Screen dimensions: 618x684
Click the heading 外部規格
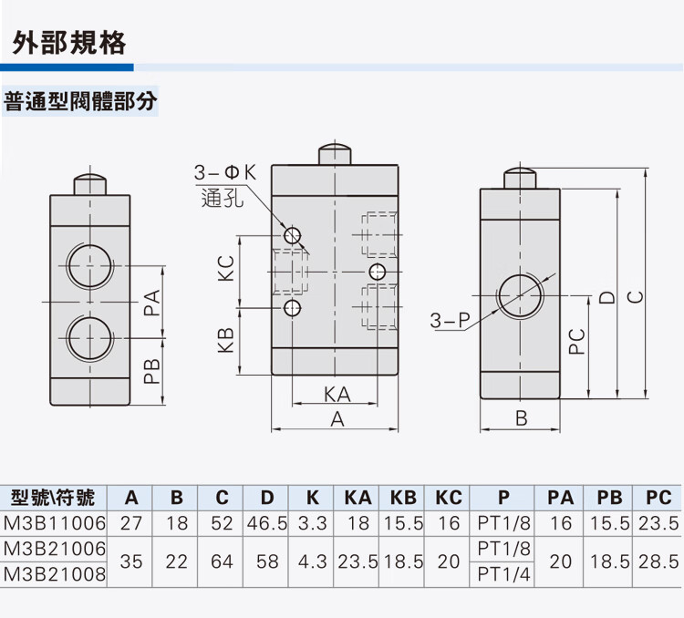click(69, 43)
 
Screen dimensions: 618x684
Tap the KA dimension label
click(337, 395)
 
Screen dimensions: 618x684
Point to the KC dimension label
click(227, 267)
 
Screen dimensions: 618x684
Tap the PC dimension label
click(575, 341)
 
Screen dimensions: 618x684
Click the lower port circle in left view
click(92, 337)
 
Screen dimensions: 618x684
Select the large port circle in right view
click(521, 297)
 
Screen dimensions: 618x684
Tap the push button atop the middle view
click(335, 153)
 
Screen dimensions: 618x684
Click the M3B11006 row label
click(55, 523)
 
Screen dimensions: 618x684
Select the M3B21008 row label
click(55, 574)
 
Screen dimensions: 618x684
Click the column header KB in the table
click(403, 498)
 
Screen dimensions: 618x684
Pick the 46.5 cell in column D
click(266, 523)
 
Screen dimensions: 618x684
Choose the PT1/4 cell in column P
click(503, 574)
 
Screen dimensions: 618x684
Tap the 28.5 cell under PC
click(658, 561)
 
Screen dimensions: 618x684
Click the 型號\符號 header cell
click(55, 498)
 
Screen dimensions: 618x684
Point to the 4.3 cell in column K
click(312, 561)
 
